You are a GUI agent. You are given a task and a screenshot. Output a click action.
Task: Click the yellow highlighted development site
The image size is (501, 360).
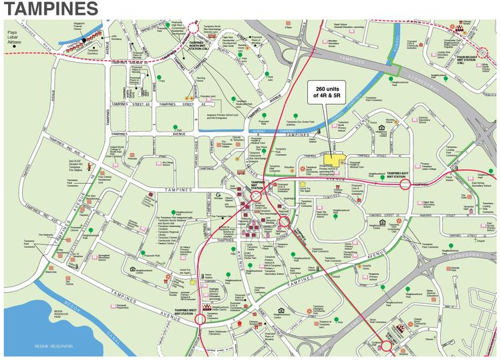[339, 161]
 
